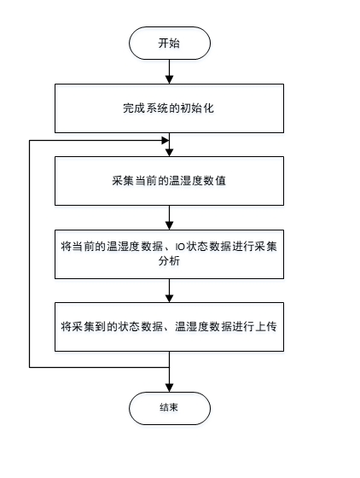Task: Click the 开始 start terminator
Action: click(x=170, y=43)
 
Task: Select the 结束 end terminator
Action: click(x=170, y=408)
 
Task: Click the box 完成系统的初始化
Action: click(x=170, y=108)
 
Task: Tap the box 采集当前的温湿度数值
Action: click(x=170, y=181)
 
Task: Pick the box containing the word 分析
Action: click(x=170, y=254)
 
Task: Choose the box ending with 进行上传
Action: click(x=170, y=327)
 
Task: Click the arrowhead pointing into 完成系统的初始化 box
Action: click(x=170, y=79)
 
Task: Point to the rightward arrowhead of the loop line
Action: click(x=165, y=141)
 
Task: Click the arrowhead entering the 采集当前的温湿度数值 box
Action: click(x=170, y=152)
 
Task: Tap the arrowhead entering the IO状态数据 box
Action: click(x=170, y=225)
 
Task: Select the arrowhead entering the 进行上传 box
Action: click(x=170, y=298)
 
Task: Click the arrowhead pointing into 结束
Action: click(x=170, y=388)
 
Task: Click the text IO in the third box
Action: click(x=180, y=247)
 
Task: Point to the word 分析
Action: click(x=169, y=261)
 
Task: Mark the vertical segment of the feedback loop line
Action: click(x=30, y=254)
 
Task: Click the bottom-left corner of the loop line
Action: click(x=30, y=367)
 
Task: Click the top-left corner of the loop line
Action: click(x=30, y=141)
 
